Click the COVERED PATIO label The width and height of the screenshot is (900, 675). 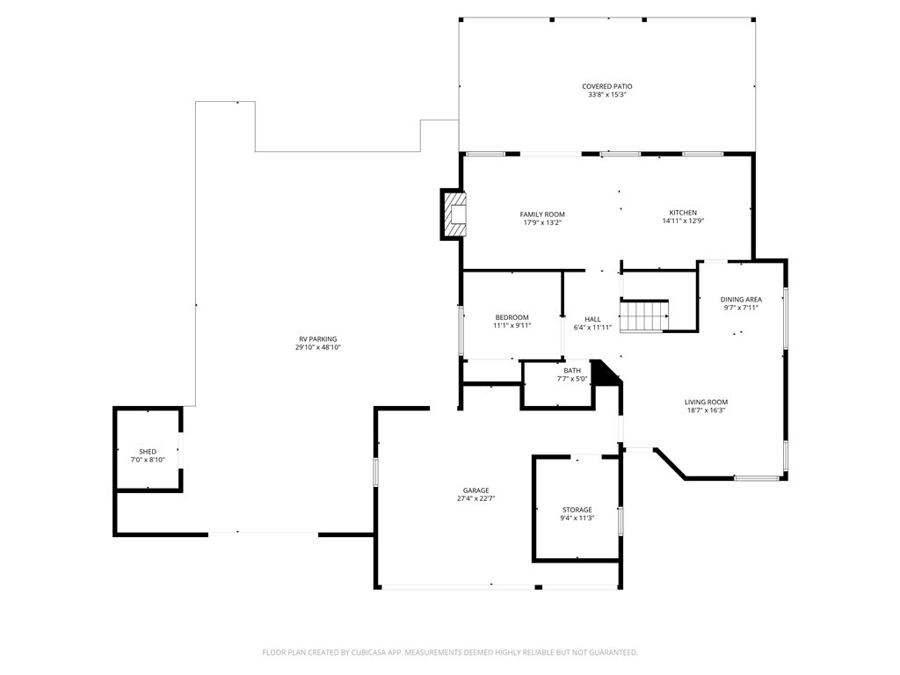(606, 86)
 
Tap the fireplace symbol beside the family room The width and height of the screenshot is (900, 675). (454, 215)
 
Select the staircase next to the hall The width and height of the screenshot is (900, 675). (644, 316)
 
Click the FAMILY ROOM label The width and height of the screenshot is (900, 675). (541, 214)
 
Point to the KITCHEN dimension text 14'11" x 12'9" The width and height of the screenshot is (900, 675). (683, 221)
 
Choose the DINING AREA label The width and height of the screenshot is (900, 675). (741, 300)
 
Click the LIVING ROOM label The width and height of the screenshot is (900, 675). (706, 402)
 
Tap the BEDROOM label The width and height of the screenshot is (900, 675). (512, 317)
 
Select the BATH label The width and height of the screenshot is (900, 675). (572, 371)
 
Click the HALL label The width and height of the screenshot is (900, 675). (592, 319)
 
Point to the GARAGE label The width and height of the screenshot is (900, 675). (476, 490)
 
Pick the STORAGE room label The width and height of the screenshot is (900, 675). (577, 510)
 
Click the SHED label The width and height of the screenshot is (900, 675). (148, 452)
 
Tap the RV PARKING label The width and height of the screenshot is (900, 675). (317, 339)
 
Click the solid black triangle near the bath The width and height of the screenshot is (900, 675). (603, 373)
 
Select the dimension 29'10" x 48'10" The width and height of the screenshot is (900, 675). (317, 348)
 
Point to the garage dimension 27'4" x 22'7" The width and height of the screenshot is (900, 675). (476, 499)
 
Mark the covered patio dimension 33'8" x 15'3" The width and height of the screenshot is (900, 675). (606, 94)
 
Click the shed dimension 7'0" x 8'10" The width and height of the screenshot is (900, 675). (148, 460)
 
